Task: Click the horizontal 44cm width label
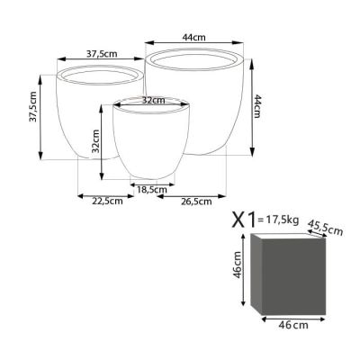click(194, 38)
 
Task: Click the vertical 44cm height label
click(257, 106)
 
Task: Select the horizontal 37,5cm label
click(102, 54)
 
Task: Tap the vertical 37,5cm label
click(32, 106)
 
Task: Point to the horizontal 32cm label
click(153, 100)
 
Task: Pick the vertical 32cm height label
click(95, 141)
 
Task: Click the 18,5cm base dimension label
click(152, 190)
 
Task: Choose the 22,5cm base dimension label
click(107, 201)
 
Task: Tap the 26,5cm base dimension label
click(196, 202)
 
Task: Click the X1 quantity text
click(244, 220)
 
